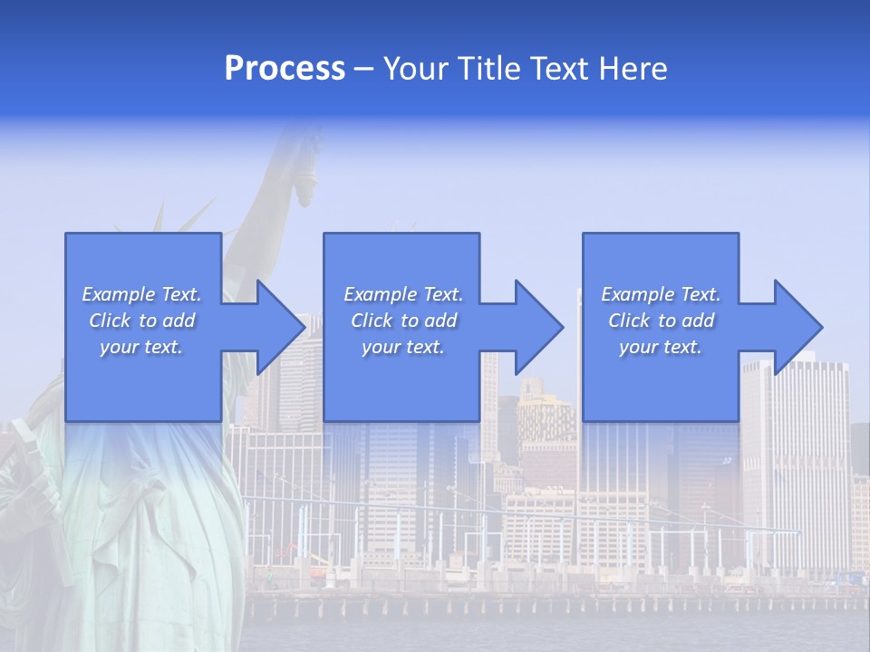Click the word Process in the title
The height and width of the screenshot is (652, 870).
coord(285,69)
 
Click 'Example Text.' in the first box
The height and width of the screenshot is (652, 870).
coord(141,294)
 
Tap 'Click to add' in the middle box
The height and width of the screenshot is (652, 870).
coord(403,321)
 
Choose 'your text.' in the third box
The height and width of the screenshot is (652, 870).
coord(661,347)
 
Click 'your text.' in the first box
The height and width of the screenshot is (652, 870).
coord(141,347)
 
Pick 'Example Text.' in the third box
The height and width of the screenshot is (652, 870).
coord(661,294)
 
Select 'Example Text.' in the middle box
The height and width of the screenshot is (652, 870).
coord(403,294)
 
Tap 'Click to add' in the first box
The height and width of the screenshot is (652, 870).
coord(141,321)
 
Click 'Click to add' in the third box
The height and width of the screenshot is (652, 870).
coord(661,321)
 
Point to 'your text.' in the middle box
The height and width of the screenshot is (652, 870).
coord(403,347)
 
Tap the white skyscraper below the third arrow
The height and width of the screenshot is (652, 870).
coord(797,453)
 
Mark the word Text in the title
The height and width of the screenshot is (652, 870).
coord(558,69)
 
